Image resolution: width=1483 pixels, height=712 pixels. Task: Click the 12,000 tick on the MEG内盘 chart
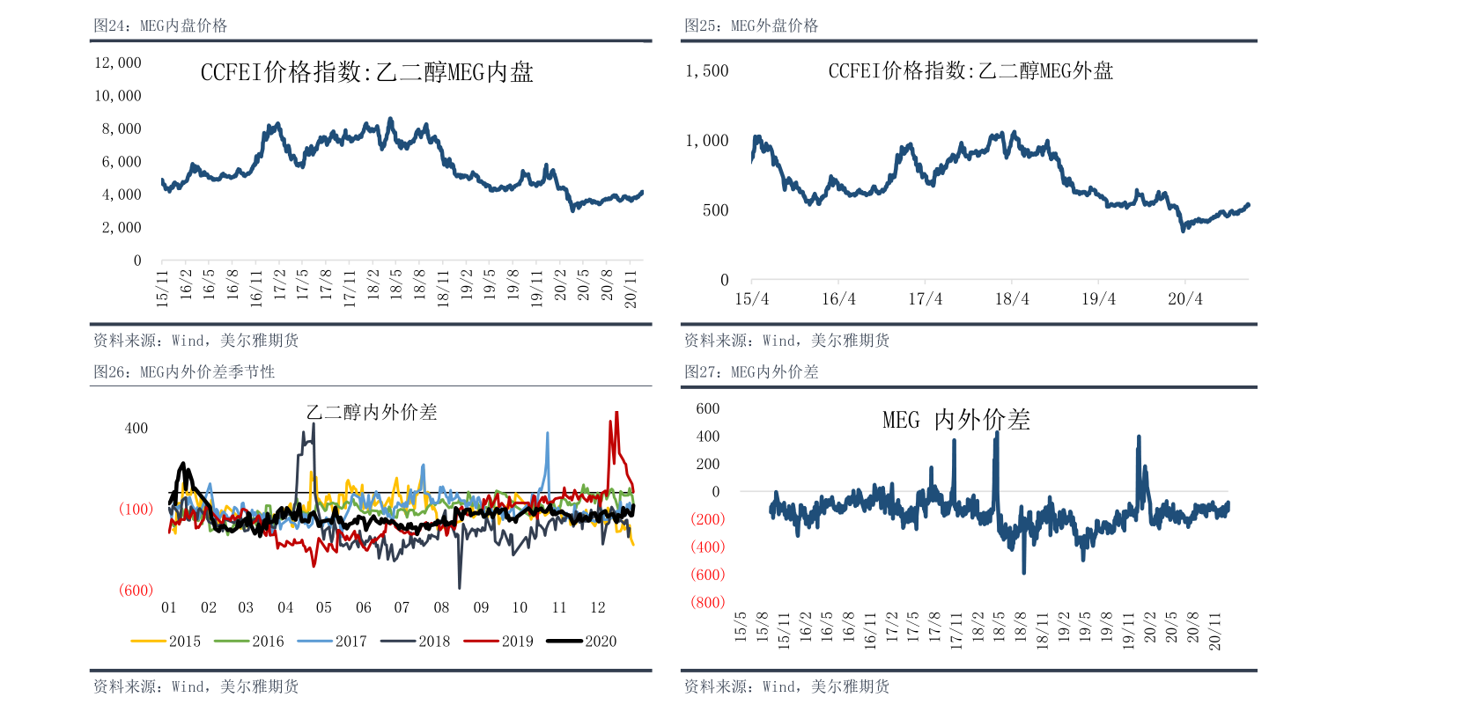tap(118, 62)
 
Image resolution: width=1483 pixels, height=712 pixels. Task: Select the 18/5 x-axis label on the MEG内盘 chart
tap(396, 285)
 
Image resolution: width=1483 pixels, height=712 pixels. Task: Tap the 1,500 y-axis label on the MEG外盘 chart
tap(707, 70)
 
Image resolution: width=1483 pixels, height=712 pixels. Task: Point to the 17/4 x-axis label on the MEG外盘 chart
tap(925, 299)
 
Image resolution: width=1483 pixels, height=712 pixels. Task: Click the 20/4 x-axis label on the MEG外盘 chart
tap(1184, 299)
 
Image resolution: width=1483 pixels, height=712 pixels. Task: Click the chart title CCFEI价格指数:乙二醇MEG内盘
tap(366, 72)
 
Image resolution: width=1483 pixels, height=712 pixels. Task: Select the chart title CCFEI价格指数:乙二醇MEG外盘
tap(970, 71)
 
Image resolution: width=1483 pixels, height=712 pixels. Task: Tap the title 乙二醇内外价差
tap(371, 412)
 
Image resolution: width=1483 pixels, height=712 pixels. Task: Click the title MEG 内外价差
tap(956, 420)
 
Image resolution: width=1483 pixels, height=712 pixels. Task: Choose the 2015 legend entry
tap(166, 641)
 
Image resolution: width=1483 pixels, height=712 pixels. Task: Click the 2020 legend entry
tap(582, 641)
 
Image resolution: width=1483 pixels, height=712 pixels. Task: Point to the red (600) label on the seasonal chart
tap(136, 590)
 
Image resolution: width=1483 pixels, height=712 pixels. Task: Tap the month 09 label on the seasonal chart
tap(481, 607)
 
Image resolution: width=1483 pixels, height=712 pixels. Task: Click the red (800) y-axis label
tap(707, 602)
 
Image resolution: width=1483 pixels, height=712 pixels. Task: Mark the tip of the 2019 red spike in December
tap(616, 412)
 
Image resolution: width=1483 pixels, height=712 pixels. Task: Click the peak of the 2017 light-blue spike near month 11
tap(548, 433)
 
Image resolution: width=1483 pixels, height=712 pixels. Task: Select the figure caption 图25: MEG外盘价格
tap(751, 26)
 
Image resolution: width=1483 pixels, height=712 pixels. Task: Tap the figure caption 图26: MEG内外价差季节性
tap(184, 372)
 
